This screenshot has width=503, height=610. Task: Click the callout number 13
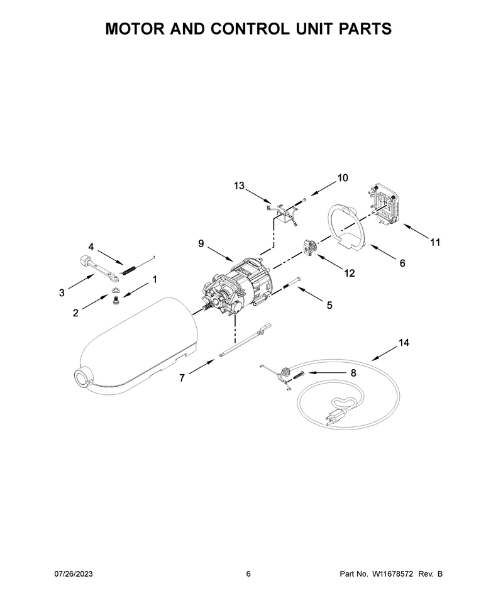pos(240,186)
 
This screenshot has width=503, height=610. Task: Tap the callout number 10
pos(342,178)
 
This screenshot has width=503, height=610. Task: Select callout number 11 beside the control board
pos(435,242)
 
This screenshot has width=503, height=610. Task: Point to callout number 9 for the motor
pos(201,243)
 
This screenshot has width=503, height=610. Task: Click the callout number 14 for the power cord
pos(404,343)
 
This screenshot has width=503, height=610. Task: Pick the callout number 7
pos(182,378)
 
